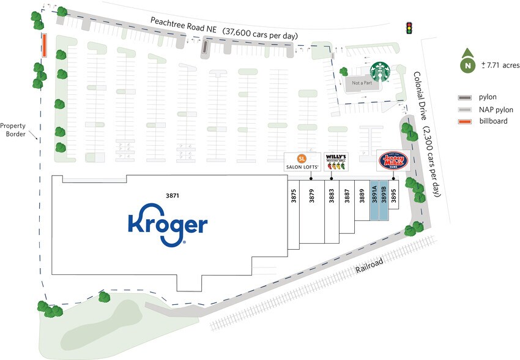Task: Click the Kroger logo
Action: click(x=167, y=225)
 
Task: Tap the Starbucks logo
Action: click(x=381, y=73)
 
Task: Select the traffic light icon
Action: click(x=409, y=28)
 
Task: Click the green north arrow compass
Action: click(x=468, y=62)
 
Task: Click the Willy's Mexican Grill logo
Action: click(x=335, y=162)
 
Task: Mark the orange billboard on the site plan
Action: click(x=43, y=45)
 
